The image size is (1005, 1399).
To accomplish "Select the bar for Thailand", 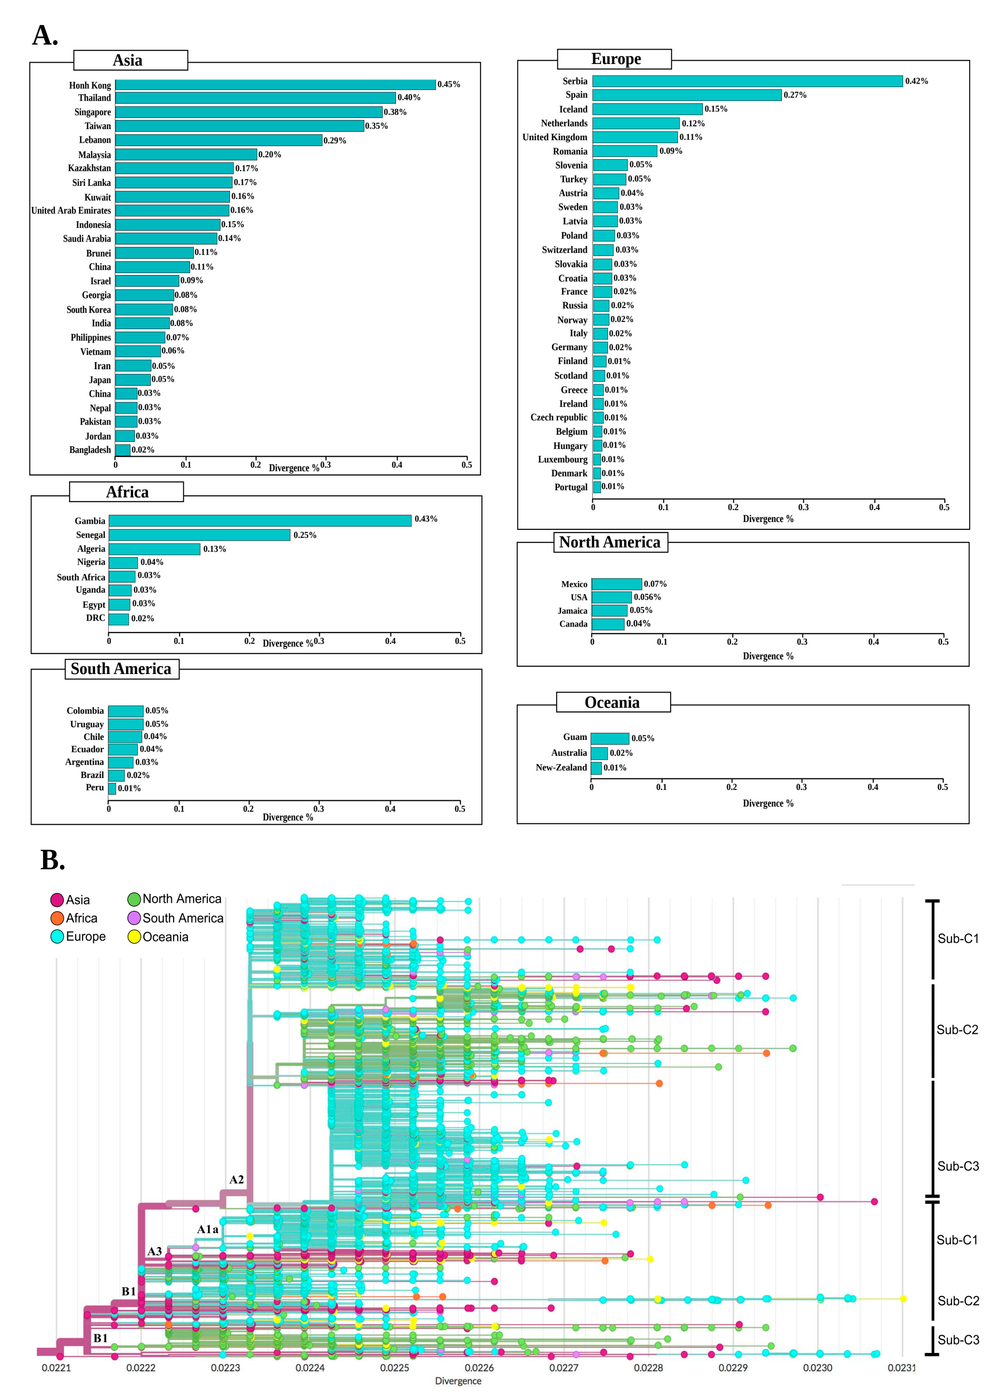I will pos(255,97).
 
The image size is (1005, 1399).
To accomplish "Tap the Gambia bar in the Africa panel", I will pos(260,521).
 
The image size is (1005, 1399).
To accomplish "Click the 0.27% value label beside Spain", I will pos(795,95).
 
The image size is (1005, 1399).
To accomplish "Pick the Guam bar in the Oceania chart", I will pos(610,738).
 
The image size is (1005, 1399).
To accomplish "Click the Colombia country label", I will pos(85,711).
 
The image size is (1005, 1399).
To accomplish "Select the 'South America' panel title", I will pos(121,669).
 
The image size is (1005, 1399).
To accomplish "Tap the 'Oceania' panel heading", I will pos(612,703).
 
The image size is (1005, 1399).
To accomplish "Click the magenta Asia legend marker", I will pos(57,900).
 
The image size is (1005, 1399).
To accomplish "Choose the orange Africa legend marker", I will pos(57,918).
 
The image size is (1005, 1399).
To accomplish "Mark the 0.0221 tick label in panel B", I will pos(56,1368).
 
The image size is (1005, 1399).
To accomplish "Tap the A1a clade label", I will pos(208,1229).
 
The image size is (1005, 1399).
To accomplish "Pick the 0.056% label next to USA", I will pos(647,597).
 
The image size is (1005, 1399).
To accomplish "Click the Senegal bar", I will pos(199,535).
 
